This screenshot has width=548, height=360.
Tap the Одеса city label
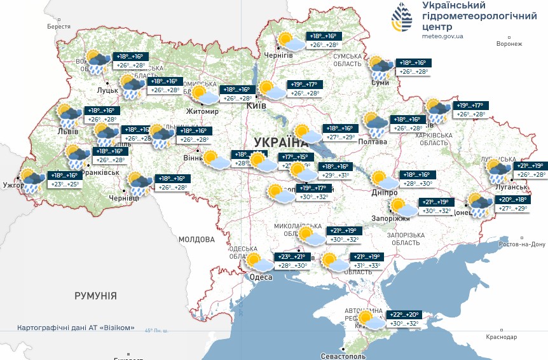(x=261, y=277)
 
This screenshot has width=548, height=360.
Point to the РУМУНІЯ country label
(x=95, y=296)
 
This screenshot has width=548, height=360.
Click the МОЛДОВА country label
(x=196, y=240)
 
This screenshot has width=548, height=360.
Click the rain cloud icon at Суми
(x=381, y=68)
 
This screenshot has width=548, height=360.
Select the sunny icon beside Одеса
(x=257, y=261)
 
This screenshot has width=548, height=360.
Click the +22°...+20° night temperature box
(x=404, y=315)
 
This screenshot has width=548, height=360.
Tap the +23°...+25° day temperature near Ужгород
(x=64, y=184)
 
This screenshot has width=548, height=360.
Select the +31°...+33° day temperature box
(x=366, y=266)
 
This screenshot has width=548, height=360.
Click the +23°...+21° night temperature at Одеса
(x=292, y=256)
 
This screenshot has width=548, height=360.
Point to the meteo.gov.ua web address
(x=441, y=37)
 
